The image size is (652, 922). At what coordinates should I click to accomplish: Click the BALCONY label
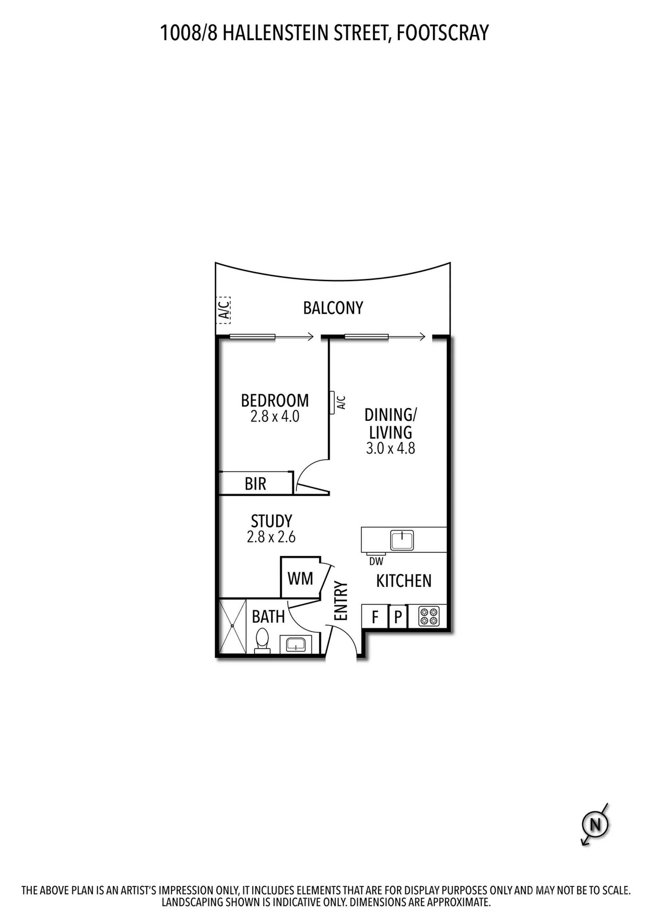tap(333, 308)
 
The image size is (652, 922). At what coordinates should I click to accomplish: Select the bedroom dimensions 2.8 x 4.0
tap(275, 417)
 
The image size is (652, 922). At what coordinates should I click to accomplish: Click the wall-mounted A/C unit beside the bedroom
tap(332, 402)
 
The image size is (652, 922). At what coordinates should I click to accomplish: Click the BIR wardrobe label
tap(255, 484)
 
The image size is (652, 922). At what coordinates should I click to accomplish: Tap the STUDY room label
tap(271, 521)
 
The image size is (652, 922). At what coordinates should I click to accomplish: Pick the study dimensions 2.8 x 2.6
tap(271, 537)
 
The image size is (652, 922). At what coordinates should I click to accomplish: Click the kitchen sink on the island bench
tap(402, 540)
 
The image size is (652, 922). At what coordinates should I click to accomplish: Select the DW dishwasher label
tap(376, 561)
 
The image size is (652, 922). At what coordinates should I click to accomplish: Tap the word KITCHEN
tap(403, 581)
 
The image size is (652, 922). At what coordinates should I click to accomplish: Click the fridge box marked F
tap(375, 616)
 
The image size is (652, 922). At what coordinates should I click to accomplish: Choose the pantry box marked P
tap(398, 616)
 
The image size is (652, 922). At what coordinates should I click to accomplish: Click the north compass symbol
tap(595, 824)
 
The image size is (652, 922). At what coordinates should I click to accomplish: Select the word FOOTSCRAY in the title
tap(442, 33)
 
